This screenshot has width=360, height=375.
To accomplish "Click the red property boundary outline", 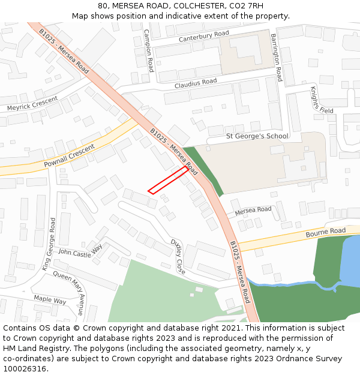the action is tap(167, 180).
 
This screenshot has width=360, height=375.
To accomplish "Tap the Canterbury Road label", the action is tap(204, 37).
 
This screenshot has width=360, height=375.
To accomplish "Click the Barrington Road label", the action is tap(277, 58).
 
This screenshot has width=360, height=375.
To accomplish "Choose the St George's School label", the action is tap(257, 136).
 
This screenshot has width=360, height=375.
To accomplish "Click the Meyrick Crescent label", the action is tap(32, 104).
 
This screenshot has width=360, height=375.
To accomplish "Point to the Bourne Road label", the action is tap(326, 232).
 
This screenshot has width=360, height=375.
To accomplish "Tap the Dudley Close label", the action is tap(178, 256).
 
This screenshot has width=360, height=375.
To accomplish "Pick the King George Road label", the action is tap(49, 244).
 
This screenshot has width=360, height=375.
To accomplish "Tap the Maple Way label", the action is tap(50, 299).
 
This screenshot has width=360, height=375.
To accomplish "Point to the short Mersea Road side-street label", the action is tap(253, 211).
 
